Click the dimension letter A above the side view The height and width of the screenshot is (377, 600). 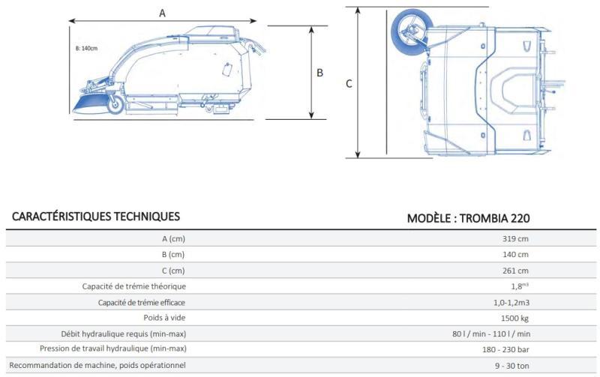162,13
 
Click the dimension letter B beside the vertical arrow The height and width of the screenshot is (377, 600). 320,73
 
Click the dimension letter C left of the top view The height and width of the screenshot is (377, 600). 349,84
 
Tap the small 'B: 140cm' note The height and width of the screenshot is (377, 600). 86,49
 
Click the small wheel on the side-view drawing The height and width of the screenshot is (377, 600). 115,104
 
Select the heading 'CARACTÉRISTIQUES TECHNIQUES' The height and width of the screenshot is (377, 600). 96,217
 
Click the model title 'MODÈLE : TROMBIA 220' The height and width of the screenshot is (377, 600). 468,218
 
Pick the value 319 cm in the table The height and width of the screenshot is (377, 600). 515,239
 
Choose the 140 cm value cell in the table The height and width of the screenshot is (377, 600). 515,255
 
